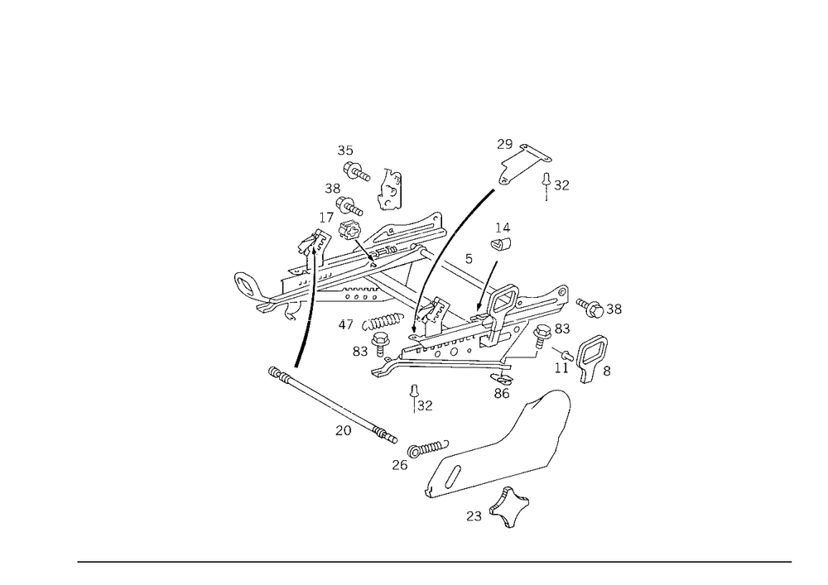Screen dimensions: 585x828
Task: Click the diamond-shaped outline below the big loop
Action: [x=513, y=506]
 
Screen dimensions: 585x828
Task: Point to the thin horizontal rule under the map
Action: [x=435, y=561]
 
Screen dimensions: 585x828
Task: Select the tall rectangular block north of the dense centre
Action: [x=390, y=188]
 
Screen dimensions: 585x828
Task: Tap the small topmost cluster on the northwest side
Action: [x=347, y=150]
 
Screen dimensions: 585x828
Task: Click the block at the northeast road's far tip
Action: [x=507, y=145]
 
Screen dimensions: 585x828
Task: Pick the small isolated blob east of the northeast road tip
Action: [x=561, y=183]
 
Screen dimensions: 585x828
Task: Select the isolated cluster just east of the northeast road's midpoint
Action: [x=502, y=235]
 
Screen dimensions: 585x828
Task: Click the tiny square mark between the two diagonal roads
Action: [x=469, y=259]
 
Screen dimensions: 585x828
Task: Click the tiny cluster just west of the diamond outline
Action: [x=475, y=516]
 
